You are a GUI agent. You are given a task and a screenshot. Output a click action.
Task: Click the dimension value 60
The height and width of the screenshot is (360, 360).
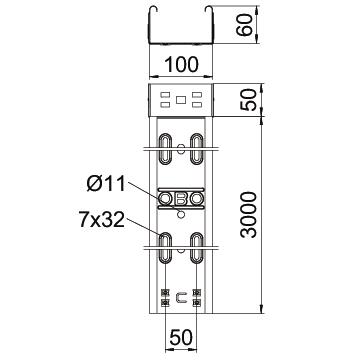tap(244, 25)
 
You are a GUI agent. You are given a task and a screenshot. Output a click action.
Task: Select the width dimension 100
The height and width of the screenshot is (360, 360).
tap(181, 64)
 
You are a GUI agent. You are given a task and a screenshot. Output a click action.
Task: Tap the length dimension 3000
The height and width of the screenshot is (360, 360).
tap(249, 214)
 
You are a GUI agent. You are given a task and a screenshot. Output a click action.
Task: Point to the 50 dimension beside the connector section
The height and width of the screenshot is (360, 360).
tap(249, 100)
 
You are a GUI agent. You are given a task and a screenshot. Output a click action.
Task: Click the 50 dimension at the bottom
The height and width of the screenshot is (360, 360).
tap(181, 337)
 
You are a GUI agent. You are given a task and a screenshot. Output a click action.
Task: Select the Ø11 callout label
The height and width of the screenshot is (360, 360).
tap(106, 184)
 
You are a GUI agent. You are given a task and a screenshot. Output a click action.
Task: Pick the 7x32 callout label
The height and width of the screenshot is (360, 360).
tap(102, 220)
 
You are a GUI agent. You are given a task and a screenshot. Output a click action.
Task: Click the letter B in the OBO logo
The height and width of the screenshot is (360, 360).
tap(180, 199)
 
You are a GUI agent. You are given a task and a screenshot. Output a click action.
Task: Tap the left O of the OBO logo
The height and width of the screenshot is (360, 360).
tap(165, 199)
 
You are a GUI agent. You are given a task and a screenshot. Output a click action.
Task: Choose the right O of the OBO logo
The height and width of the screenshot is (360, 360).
tap(197, 199)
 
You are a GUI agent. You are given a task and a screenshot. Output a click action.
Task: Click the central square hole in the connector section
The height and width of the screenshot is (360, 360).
tap(180, 99)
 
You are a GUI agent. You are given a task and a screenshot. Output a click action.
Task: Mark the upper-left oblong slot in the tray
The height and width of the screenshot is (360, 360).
tap(165, 149)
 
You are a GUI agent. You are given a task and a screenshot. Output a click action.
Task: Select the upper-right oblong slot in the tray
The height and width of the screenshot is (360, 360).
tap(197, 149)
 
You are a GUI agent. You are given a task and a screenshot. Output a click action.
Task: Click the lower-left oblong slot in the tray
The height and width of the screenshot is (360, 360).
tap(165, 248)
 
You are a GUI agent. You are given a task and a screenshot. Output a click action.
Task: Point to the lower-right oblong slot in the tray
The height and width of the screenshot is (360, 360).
tap(197, 248)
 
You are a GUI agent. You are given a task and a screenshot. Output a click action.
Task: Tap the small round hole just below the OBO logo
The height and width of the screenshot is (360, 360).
tap(181, 214)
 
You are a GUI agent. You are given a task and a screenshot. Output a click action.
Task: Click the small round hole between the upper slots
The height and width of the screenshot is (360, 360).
tap(181, 149)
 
